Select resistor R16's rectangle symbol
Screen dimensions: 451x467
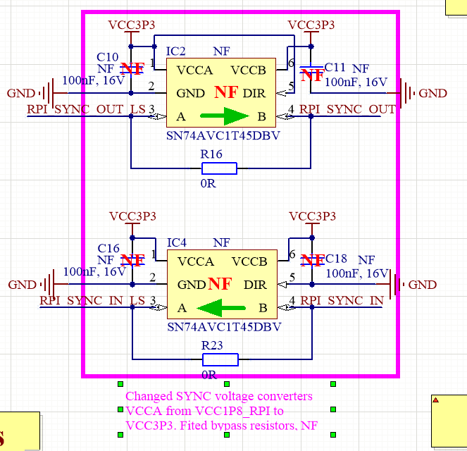coord(220,168)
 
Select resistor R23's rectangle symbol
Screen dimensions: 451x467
coord(220,359)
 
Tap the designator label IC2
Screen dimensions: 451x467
coord(175,51)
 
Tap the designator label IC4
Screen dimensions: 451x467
coord(177,243)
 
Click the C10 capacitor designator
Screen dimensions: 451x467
coord(108,56)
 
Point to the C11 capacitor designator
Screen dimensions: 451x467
coord(335,67)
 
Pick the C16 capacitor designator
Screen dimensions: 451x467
coord(108,248)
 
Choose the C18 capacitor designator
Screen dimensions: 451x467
coord(337,259)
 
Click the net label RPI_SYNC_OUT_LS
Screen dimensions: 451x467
coord(86,109)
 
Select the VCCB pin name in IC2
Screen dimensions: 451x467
coord(248,70)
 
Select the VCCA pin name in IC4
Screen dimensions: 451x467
coord(195,262)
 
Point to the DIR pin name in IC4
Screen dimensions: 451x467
coord(254,285)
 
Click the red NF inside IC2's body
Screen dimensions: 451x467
coord(226,92)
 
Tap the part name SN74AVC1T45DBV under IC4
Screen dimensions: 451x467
coord(224,328)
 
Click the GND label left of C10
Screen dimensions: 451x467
coord(20,93)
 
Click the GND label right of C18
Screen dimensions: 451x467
coord(423,285)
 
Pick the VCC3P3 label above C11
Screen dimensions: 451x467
coord(311,25)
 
